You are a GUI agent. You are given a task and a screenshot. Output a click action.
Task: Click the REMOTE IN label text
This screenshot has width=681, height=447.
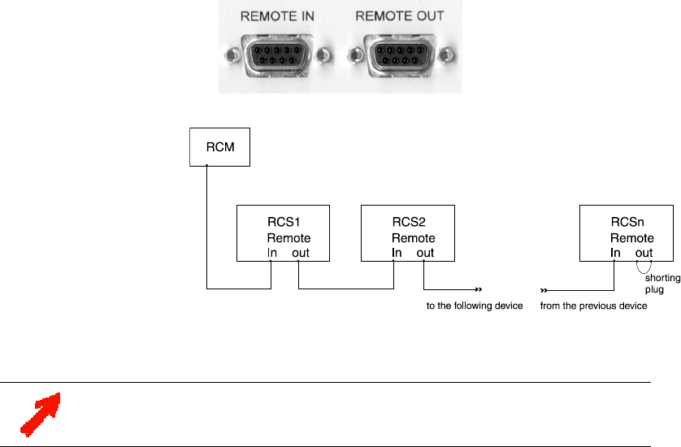pos(278,15)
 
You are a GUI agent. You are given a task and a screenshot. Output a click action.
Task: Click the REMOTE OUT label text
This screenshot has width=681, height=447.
pos(401,15)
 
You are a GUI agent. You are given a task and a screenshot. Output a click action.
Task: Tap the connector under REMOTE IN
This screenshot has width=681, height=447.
pos(278,55)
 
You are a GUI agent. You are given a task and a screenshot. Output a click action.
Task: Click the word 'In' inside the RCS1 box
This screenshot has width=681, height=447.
pos(272,254)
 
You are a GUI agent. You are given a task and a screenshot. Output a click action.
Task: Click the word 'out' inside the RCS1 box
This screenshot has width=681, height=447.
pos(301,254)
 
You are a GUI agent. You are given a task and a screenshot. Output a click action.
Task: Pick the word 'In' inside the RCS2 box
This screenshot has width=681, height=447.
pos(397,254)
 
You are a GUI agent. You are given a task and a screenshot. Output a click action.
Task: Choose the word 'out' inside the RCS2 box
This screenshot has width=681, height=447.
pos(425,254)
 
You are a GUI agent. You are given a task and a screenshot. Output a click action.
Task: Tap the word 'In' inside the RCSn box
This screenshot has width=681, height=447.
pos(615,254)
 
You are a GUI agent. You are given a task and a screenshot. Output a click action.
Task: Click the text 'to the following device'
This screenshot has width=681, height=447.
pos(473,306)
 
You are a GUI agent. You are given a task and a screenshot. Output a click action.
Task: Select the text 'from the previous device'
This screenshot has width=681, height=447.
pos(593,306)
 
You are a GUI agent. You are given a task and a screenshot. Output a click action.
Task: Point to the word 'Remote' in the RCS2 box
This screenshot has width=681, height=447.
pos(413,238)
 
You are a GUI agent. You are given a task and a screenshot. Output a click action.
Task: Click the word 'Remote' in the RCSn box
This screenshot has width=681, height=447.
pos(631,238)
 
